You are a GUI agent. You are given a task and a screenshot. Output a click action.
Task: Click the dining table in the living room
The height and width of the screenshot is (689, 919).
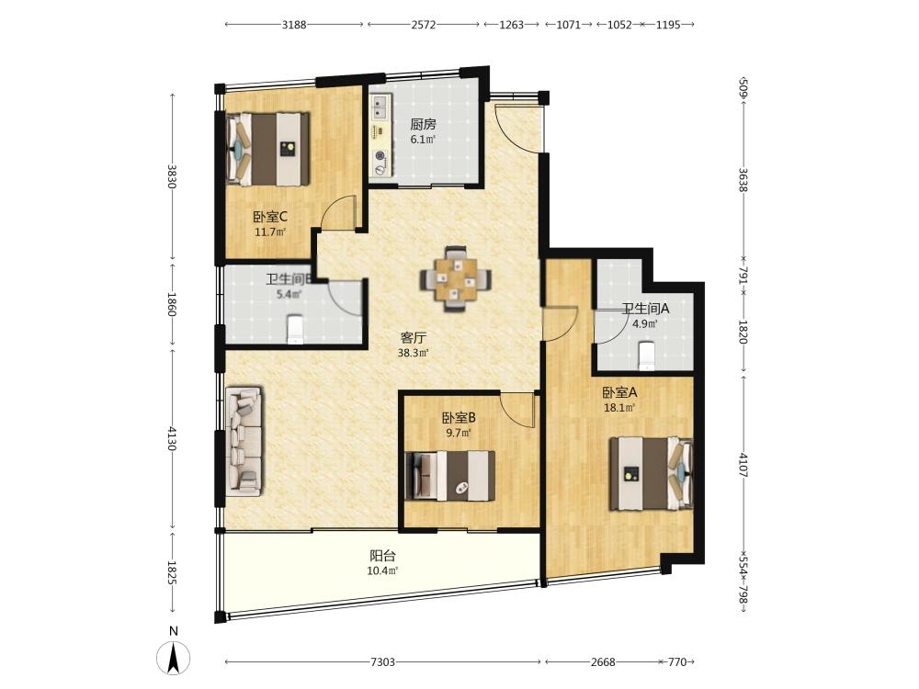[x=456, y=278]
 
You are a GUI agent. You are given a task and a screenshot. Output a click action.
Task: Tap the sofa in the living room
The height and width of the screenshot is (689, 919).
[x=244, y=441]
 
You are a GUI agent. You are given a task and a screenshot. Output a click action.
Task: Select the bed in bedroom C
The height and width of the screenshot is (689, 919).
[x=268, y=150]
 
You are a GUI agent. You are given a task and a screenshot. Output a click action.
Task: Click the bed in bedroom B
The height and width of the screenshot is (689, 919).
[x=450, y=475]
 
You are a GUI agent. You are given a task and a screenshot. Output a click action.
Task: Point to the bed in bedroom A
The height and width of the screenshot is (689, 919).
[x=652, y=473]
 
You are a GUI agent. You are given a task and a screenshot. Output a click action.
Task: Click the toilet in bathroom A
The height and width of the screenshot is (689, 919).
[x=646, y=355]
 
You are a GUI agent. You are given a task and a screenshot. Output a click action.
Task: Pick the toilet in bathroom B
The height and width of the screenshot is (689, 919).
[x=295, y=329]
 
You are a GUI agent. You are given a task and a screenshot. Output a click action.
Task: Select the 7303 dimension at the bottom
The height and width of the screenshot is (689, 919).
[x=382, y=662]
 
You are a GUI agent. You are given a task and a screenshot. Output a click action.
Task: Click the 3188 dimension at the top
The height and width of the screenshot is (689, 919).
[x=294, y=25]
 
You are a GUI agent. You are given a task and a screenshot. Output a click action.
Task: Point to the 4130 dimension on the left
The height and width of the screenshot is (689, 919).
[x=172, y=438]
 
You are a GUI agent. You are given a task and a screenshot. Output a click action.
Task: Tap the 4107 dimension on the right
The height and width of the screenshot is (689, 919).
[x=743, y=465]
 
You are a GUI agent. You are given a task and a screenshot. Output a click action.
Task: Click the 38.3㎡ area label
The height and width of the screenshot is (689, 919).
[x=414, y=353]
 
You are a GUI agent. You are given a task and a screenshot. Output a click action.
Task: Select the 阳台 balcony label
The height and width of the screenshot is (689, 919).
[x=382, y=555]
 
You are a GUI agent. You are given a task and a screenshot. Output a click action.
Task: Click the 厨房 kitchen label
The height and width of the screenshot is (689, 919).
[x=423, y=124]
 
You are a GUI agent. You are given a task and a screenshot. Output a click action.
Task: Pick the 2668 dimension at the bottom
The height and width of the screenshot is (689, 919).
[x=603, y=662]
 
